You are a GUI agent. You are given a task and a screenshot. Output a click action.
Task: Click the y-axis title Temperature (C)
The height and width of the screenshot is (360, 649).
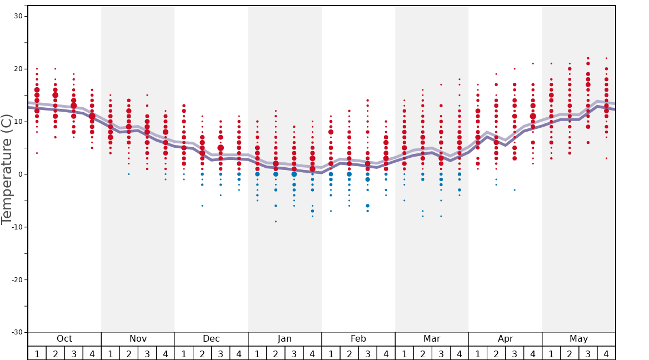[x=7, y=169]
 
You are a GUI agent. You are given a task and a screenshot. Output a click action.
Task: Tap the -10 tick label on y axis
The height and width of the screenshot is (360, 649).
[x=17, y=227]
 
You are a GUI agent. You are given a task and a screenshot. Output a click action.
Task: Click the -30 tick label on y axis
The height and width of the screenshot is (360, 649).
[x=17, y=332]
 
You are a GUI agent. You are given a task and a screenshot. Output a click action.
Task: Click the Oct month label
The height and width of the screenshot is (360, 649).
[x=64, y=339]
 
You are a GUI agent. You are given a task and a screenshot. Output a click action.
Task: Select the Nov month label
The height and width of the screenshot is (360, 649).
[x=138, y=339]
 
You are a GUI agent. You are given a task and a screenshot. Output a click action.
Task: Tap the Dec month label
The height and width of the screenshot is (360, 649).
[x=211, y=339]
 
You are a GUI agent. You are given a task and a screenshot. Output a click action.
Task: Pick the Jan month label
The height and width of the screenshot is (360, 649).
[x=284, y=339]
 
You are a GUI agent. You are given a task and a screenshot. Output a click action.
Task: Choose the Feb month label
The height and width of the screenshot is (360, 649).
[x=358, y=339]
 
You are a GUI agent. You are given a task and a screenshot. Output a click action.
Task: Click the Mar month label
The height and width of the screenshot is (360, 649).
[x=432, y=339]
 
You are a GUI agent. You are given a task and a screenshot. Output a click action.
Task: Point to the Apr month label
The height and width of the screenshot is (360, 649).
[x=505, y=339]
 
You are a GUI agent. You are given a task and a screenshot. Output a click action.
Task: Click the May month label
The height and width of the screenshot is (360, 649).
[x=578, y=339]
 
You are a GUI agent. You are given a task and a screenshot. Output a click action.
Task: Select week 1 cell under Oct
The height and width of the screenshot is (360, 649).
[x=37, y=353]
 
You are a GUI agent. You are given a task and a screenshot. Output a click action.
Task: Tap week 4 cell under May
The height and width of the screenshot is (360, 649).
[x=606, y=353]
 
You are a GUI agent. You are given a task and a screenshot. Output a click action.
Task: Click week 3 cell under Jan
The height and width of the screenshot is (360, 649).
[x=294, y=353]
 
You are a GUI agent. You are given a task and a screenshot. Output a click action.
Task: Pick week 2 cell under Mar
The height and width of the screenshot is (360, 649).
[x=422, y=353]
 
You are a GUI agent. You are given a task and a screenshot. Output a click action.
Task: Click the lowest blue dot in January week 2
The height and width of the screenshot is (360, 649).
[x=276, y=222]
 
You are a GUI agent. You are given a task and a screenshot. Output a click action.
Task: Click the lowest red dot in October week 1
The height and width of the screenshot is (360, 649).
[x=37, y=153]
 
